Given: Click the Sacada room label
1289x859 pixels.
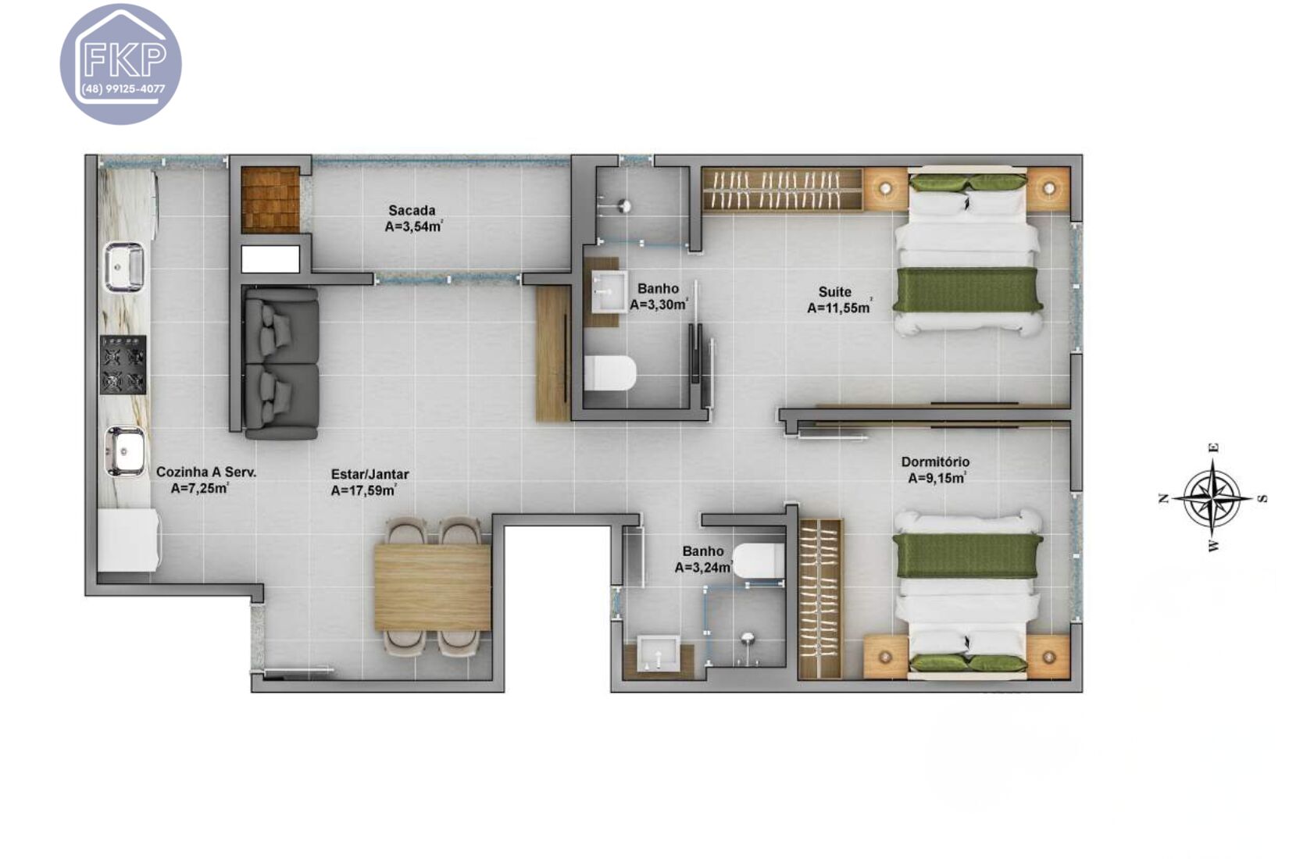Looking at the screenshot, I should pyautogui.click(x=412, y=210).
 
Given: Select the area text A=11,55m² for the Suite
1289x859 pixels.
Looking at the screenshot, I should pyautogui.click(x=839, y=308).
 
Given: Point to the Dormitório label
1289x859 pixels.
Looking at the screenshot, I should pyautogui.click(x=935, y=462).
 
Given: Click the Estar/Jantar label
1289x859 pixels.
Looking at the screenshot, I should pyautogui.click(x=370, y=474).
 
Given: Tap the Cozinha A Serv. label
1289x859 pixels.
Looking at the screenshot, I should pyautogui.click(x=205, y=472).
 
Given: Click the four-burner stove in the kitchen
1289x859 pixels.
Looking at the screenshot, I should pyautogui.click(x=123, y=365).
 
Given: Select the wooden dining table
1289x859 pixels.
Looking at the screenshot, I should pyautogui.click(x=432, y=587).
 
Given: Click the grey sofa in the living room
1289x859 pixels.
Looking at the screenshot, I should pyautogui.click(x=280, y=363).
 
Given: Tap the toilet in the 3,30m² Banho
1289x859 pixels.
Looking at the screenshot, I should pyautogui.click(x=610, y=373).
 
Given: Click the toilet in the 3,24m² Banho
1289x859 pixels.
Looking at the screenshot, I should pyautogui.click(x=758, y=561).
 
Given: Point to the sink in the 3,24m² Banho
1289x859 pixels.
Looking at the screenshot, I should pyautogui.click(x=658, y=654).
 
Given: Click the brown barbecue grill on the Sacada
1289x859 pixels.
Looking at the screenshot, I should pyautogui.click(x=270, y=199).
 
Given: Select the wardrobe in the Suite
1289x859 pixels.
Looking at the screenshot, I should pyautogui.click(x=782, y=190).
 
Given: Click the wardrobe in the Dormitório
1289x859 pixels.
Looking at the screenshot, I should pyautogui.click(x=820, y=598).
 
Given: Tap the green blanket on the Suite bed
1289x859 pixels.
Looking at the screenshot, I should pyautogui.click(x=967, y=290).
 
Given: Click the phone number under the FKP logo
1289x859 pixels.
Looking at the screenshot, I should pyautogui.click(x=123, y=89).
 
